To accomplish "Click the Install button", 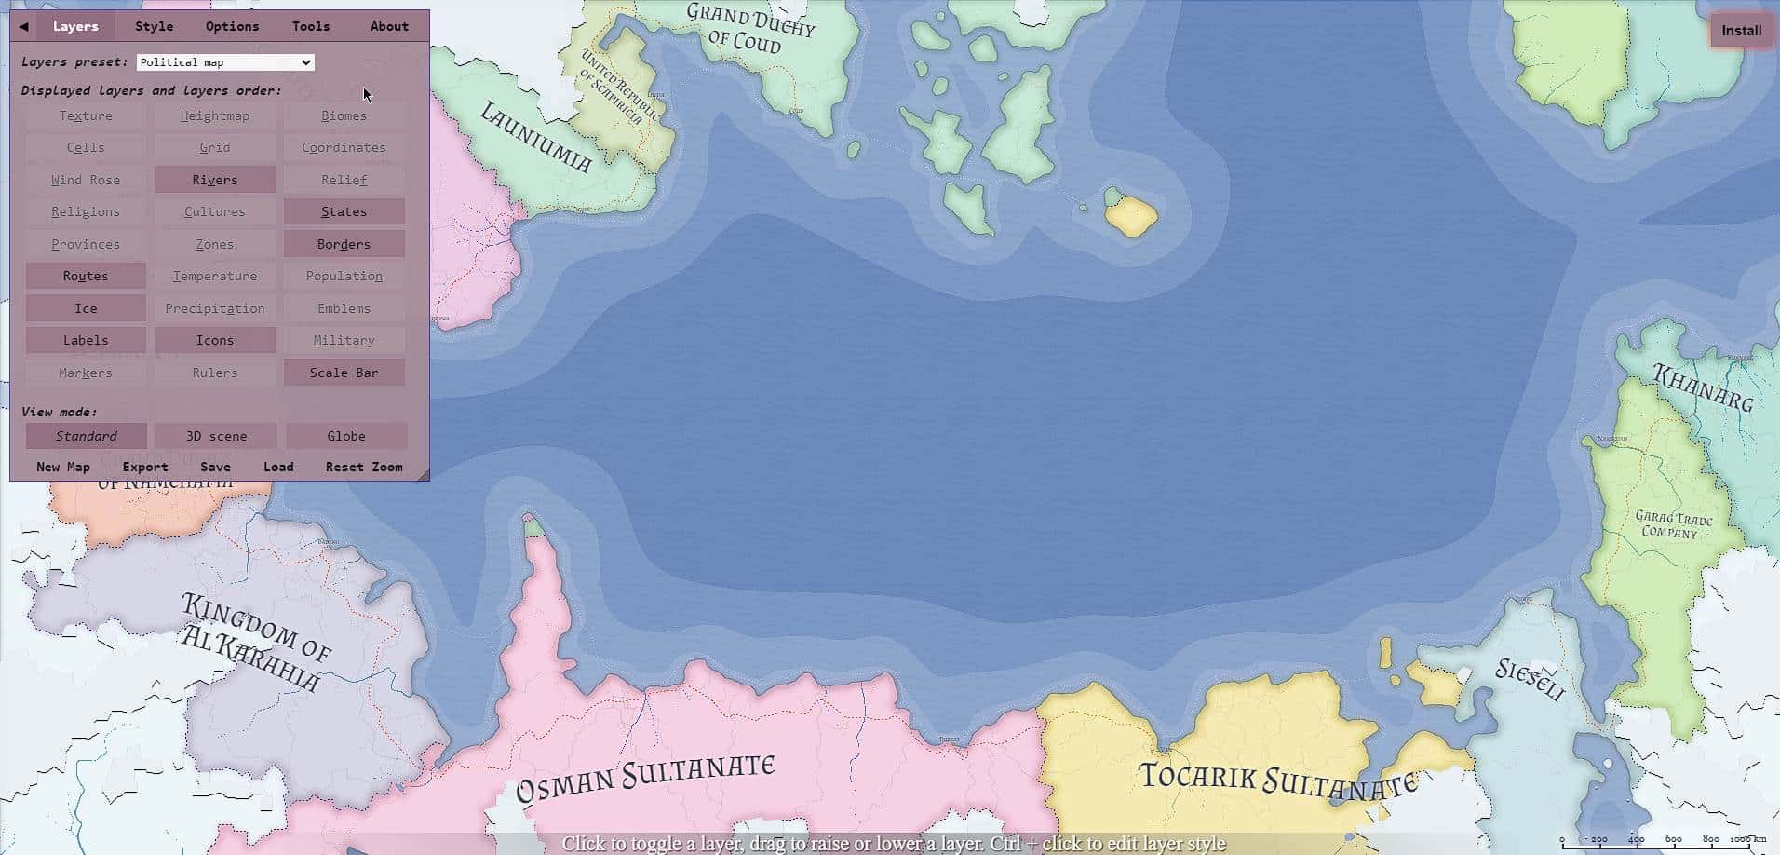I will pyautogui.click(x=1741, y=31).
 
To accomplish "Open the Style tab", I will pyautogui.click(x=154, y=26).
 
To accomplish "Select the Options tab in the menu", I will pyautogui.click(x=232, y=26).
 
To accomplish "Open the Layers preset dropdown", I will pyautogui.click(x=225, y=62).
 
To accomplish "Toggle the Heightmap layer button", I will pyautogui.click(x=214, y=116).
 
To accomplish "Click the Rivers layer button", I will pyautogui.click(x=214, y=180).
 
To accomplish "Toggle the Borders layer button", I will pyautogui.click(x=344, y=244).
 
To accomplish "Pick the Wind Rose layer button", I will pyautogui.click(x=86, y=180).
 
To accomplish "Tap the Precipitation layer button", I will pyautogui.click(x=214, y=308).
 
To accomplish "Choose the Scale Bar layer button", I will pyautogui.click(x=344, y=373).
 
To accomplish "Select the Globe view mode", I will pyautogui.click(x=345, y=436).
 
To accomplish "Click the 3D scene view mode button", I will pyautogui.click(x=216, y=436).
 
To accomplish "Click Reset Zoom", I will pyautogui.click(x=364, y=467).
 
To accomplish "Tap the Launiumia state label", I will pyautogui.click(x=535, y=138).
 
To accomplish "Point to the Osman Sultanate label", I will pyautogui.click(x=645, y=778).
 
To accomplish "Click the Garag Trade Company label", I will pyautogui.click(x=1673, y=524).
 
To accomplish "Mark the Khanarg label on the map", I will pyautogui.click(x=1703, y=387).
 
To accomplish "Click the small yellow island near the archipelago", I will pyautogui.click(x=1132, y=216).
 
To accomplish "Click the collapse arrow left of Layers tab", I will pyautogui.click(x=24, y=26).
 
